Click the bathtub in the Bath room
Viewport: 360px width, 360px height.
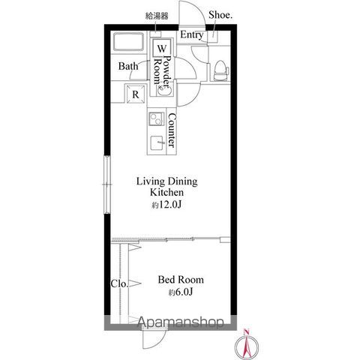pos(128,41)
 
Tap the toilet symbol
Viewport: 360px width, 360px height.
pos(221,70)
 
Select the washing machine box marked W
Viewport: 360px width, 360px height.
pos(161,48)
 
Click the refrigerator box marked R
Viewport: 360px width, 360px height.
pos(136,94)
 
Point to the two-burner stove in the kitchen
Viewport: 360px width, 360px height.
pos(156,119)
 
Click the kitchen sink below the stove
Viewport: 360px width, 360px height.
pos(157,143)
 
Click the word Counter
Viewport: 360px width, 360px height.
pos(172,130)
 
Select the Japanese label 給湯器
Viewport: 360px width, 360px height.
pos(157,16)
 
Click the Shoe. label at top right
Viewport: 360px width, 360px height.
pos(220,15)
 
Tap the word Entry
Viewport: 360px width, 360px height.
pos(192,34)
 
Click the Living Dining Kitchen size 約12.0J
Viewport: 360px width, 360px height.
pos(166,205)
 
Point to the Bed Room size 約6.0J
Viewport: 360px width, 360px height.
pos(181,292)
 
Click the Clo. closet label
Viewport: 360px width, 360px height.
pos(119,283)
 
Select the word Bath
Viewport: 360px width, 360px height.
pos(128,66)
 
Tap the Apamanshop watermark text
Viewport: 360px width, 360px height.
pos(181,322)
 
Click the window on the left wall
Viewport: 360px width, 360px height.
pos(107,184)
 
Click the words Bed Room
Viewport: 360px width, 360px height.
pos(181,280)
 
